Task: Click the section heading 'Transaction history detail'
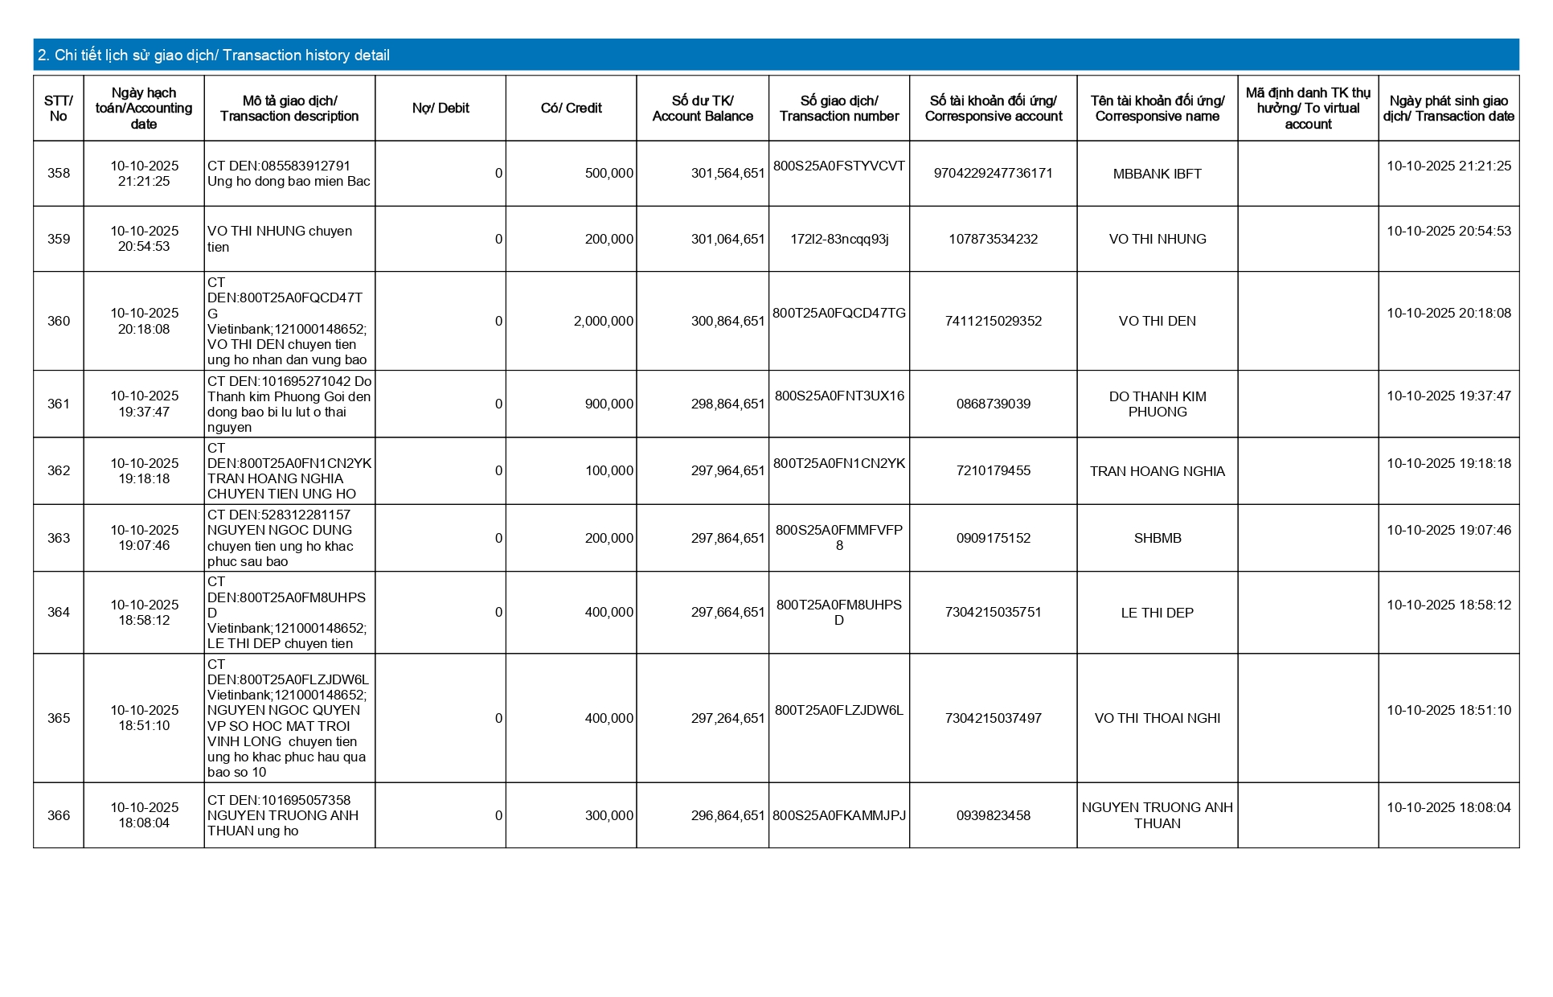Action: (x=214, y=55)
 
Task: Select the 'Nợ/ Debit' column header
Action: (x=440, y=109)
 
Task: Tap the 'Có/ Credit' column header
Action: (x=571, y=109)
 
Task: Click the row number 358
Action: (x=59, y=174)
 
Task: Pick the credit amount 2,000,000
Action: (x=603, y=322)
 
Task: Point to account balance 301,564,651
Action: (x=727, y=174)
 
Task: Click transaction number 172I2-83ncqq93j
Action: (x=839, y=240)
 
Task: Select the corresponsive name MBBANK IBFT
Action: (x=1157, y=174)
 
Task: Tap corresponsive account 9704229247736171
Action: (x=993, y=174)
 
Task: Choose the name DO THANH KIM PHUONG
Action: (x=1157, y=404)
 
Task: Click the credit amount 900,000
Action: (x=608, y=404)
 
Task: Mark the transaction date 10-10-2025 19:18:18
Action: (x=1449, y=464)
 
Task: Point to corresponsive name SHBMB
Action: (x=1157, y=539)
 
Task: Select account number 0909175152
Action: (x=993, y=539)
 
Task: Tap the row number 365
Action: (x=59, y=719)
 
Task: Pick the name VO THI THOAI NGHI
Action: (x=1157, y=719)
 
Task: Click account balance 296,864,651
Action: (x=727, y=816)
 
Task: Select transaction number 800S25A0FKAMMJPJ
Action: (x=839, y=816)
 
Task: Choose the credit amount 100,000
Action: (x=608, y=471)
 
